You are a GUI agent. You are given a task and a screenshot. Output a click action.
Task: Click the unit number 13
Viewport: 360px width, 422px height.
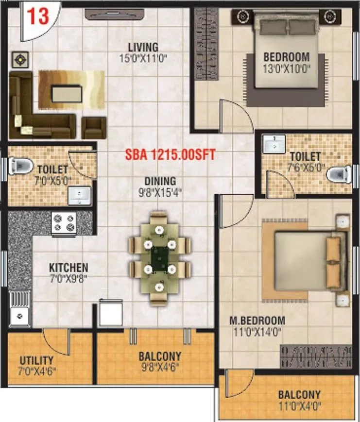37,16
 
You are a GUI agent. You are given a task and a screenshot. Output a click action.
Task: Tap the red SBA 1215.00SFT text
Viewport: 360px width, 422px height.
170,155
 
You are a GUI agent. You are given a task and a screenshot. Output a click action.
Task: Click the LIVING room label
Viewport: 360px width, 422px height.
143,48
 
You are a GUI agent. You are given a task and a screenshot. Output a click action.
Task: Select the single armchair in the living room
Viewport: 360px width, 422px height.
93,128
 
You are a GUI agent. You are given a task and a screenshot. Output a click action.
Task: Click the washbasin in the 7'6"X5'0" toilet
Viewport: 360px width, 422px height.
275,143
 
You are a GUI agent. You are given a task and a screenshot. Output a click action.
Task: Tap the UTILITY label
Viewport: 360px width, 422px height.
36,360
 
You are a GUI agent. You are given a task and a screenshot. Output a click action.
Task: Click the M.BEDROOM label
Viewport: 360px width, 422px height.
257,321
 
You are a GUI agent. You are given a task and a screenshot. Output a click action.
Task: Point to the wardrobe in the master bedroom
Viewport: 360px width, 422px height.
316,356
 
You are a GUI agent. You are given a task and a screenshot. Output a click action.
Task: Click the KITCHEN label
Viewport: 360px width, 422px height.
69,268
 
